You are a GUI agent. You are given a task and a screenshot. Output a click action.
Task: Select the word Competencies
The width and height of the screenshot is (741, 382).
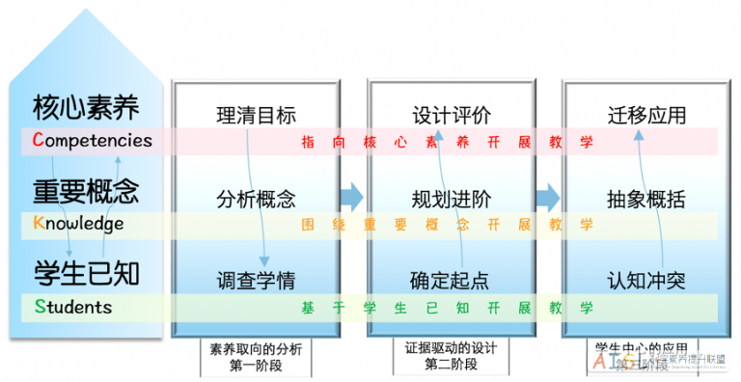click(x=92, y=140)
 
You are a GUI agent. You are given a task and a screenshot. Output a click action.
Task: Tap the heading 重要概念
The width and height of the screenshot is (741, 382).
click(x=86, y=190)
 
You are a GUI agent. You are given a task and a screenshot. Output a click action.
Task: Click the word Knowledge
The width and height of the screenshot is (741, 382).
click(x=78, y=224)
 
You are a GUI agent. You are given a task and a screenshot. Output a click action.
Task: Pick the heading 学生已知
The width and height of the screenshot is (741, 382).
click(x=86, y=273)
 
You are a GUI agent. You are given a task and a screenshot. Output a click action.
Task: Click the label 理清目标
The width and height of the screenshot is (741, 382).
click(x=256, y=115)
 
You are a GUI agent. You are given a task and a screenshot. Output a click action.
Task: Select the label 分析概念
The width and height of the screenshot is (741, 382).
click(x=256, y=200)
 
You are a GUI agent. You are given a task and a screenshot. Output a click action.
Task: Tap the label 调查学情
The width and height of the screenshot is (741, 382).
click(x=256, y=282)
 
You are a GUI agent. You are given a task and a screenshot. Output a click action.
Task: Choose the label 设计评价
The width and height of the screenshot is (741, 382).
click(x=451, y=115)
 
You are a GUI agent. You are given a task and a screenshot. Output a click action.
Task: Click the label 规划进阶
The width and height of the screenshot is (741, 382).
click(x=451, y=200)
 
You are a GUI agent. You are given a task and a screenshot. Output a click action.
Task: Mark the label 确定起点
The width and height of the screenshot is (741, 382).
click(x=451, y=282)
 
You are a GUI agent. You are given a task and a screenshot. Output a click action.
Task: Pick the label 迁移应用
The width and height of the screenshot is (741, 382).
click(x=646, y=115)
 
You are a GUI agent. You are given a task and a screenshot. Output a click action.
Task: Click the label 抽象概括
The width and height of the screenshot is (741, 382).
click(x=646, y=200)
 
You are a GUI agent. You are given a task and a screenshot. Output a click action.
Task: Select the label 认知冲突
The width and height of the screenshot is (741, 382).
click(x=646, y=282)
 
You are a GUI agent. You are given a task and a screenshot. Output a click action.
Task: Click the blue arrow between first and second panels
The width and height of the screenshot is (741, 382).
click(x=353, y=197)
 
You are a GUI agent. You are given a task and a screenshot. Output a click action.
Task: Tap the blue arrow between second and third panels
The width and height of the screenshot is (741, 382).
click(x=547, y=197)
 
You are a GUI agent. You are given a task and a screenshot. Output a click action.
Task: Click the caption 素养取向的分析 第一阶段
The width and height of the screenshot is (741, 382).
click(x=256, y=356)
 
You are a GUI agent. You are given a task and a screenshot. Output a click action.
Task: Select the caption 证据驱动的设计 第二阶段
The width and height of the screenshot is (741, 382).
click(x=451, y=356)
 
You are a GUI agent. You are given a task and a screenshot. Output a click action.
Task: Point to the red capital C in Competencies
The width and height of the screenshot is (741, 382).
click(x=38, y=140)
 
